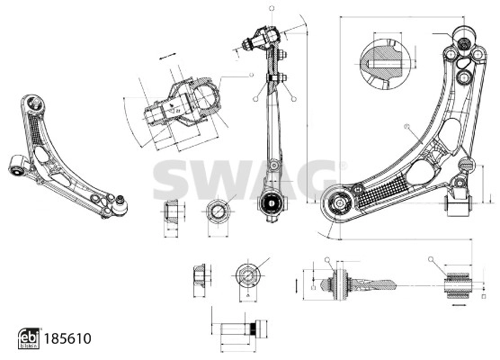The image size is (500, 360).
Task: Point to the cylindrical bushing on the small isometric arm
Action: [x=16, y=166]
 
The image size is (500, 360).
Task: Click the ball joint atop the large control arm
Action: [x=465, y=40]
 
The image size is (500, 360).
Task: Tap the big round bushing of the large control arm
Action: [x=340, y=203]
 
